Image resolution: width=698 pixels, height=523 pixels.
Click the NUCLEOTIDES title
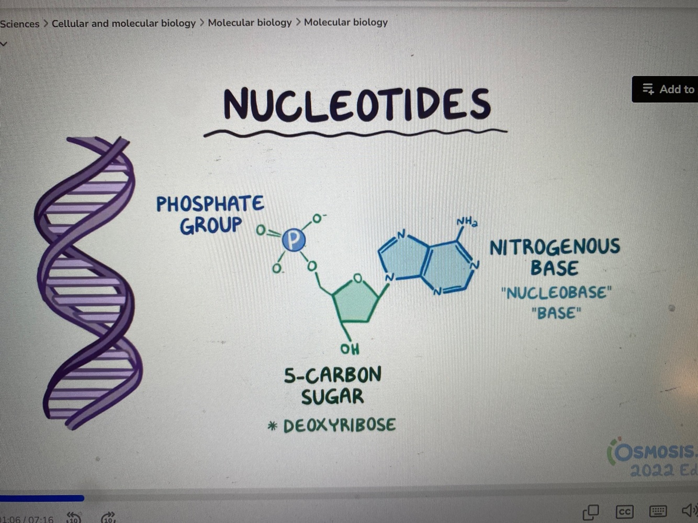tap(357, 104)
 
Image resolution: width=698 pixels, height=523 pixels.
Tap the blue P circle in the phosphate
tap(294, 240)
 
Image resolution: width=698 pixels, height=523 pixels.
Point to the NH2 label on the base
tap(466, 222)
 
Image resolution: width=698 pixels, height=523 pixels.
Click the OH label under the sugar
tap(350, 349)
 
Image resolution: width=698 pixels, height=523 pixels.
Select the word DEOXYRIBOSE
tap(339, 425)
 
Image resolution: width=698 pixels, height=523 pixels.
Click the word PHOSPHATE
tap(210, 204)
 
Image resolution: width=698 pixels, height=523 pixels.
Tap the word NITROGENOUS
tap(555, 247)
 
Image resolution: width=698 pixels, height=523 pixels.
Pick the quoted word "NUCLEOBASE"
tap(556, 292)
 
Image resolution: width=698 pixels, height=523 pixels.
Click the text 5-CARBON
tap(333, 375)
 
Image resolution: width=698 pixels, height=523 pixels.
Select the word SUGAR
tap(332, 396)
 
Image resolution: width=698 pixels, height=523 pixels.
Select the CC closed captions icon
tap(624, 511)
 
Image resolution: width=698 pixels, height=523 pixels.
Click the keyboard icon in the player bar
tap(658, 511)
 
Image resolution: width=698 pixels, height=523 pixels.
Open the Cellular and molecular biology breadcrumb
tap(123, 23)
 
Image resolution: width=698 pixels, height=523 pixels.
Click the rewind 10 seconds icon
tap(74, 518)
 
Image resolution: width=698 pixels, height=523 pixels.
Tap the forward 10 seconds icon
tap(108, 518)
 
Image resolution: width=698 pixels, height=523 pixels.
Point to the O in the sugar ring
tap(357, 278)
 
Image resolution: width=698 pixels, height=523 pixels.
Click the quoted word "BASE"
tap(556, 313)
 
